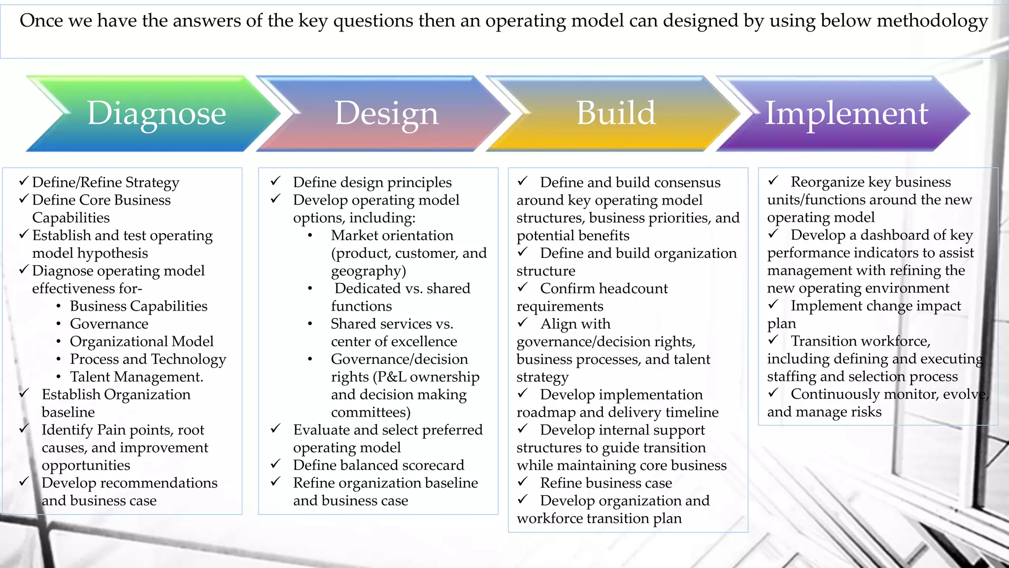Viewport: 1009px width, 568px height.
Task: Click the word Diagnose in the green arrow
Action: [x=156, y=113]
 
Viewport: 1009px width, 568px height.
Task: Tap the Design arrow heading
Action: [x=386, y=113]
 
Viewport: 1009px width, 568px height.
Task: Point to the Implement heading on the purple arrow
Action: [x=846, y=113]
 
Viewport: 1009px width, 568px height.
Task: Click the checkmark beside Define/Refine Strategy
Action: [x=24, y=181]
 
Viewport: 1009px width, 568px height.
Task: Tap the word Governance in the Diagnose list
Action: [x=109, y=324]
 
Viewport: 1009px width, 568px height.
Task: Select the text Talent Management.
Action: [x=136, y=377]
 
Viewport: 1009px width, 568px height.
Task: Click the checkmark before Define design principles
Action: [x=275, y=181]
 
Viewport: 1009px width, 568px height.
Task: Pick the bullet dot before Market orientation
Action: [x=310, y=236]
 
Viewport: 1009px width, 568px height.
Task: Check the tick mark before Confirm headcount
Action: [x=523, y=287]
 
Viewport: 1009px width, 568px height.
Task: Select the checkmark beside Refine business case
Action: [x=523, y=482]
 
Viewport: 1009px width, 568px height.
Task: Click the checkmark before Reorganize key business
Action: [x=774, y=180]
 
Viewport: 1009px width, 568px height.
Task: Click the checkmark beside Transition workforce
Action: [x=774, y=340]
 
